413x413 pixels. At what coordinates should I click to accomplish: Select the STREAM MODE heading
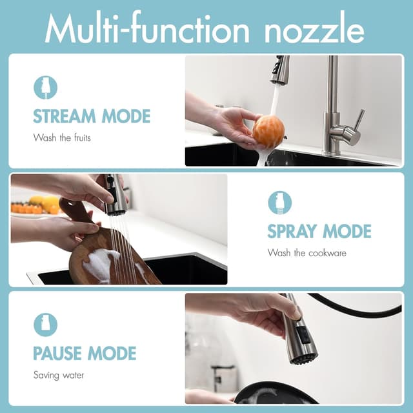(x=91, y=117)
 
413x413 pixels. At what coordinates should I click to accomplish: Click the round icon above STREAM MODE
(x=45, y=87)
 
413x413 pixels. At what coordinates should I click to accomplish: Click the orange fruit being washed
(x=268, y=132)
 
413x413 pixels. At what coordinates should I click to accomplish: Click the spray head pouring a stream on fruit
(x=280, y=70)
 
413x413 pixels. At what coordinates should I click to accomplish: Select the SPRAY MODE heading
(x=319, y=231)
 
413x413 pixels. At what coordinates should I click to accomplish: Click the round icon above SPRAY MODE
(x=279, y=203)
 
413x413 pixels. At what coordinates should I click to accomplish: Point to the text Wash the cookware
(x=307, y=252)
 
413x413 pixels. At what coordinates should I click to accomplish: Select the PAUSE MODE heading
(x=85, y=353)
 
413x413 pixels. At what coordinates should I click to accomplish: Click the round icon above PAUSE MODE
(x=45, y=325)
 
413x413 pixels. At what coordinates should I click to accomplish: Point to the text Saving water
(x=59, y=374)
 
